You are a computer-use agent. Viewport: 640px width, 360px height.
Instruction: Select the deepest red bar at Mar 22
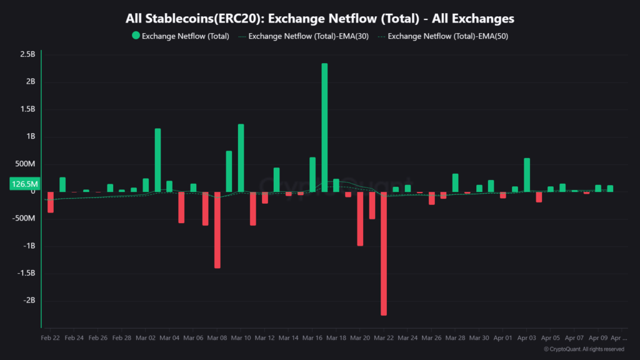tap(384, 253)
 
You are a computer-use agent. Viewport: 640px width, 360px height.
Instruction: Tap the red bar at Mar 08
tap(217, 229)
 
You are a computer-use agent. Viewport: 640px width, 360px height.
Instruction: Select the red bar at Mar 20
tap(360, 219)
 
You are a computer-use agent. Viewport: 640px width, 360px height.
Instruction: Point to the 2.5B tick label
tap(27, 54)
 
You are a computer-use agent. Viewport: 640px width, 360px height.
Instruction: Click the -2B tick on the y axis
tap(29, 301)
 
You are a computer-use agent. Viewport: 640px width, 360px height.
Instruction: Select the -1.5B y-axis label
tap(27, 273)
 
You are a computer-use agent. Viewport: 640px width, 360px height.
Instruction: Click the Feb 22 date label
tap(51, 337)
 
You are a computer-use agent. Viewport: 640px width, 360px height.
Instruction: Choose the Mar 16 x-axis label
tap(312, 337)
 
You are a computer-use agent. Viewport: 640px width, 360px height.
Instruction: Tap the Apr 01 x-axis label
tap(503, 337)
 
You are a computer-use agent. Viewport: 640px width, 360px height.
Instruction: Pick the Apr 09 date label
tap(598, 337)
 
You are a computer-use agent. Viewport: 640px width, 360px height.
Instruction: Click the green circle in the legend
tap(136, 36)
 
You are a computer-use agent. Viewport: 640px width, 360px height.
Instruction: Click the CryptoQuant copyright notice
tap(584, 349)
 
